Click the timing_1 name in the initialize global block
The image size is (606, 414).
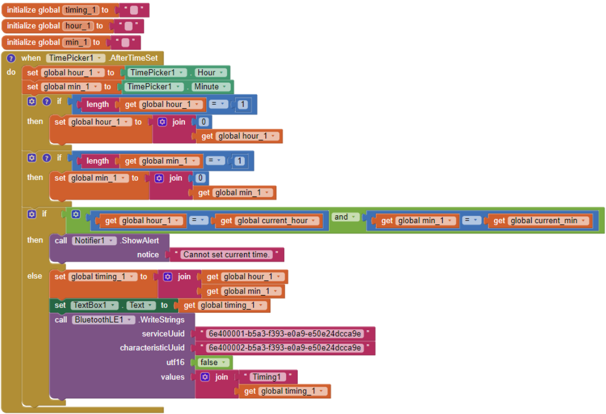pos(81,10)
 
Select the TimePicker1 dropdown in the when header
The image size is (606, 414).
pos(75,58)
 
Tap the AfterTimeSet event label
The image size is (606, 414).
pos(134,58)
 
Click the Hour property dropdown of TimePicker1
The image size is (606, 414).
pos(211,72)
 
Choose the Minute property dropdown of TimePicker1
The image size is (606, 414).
pos(210,87)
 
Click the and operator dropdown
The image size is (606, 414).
pos(345,217)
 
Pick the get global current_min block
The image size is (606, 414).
pos(540,221)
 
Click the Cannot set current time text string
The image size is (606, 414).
pos(226,255)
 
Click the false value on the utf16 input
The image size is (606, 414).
pos(213,362)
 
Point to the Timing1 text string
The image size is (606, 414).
pos(267,377)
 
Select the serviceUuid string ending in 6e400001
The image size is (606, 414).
pos(285,334)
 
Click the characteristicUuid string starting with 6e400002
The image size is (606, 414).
pos(285,348)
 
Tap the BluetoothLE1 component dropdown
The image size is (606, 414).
pos(103,320)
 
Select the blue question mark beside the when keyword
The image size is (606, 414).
pos(11,58)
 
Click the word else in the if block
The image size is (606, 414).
pos(35,276)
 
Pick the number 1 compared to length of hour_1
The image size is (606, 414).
pos(243,104)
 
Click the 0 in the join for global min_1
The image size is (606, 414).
pos(200,178)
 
